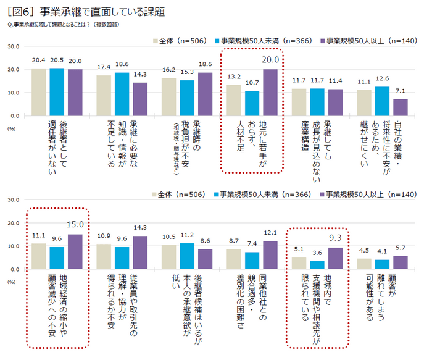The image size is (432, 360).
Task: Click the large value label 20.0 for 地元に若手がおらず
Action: [271, 61]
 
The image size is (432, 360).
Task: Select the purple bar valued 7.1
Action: [400, 107]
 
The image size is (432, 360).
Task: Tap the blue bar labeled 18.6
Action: [122, 94]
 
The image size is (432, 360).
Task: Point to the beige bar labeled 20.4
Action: [39, 92]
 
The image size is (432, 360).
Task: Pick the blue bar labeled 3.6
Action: [317, 265]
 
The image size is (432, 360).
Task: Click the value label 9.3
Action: [335, 238]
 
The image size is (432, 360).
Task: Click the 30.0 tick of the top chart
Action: [14, 46]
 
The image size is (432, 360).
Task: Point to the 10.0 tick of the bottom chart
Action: [14, 246]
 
